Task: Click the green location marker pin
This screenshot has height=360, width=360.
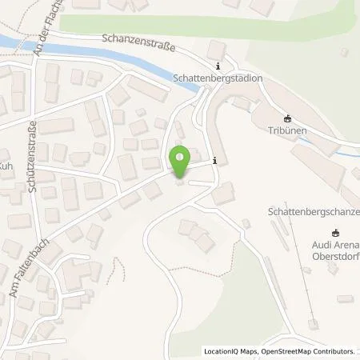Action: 180,162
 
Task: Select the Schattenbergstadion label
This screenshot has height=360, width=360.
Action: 210,79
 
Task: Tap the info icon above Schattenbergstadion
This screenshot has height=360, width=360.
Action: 217,66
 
